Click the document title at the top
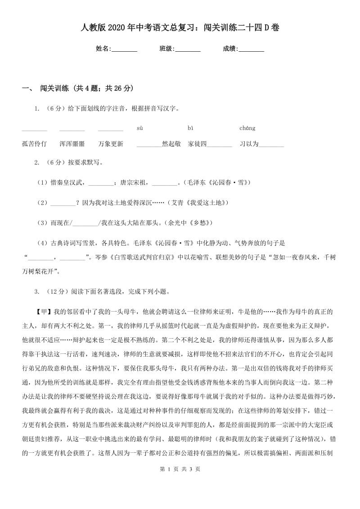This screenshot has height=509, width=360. click(x=180, y=28)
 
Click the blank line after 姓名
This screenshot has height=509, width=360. click(x=125, y=49)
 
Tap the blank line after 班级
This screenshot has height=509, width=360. click(x=188, y=49)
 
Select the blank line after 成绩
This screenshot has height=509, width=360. click(x=252, y=49)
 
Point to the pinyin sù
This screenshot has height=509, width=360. click(x=139, y=128)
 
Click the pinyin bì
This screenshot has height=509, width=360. click(x=190, y=128)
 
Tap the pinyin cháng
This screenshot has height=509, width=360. click(x=247, y=128)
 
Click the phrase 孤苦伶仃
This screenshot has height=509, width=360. click(x=34, y=144)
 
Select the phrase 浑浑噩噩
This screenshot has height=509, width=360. click(x=72, y=144)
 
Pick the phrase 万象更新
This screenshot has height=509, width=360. click(x=111, y=144)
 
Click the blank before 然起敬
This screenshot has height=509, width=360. click(x=149, y=145)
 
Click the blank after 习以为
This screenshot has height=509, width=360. click(x=271, y=145)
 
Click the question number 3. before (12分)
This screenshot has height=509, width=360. click(x=37, y=291)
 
